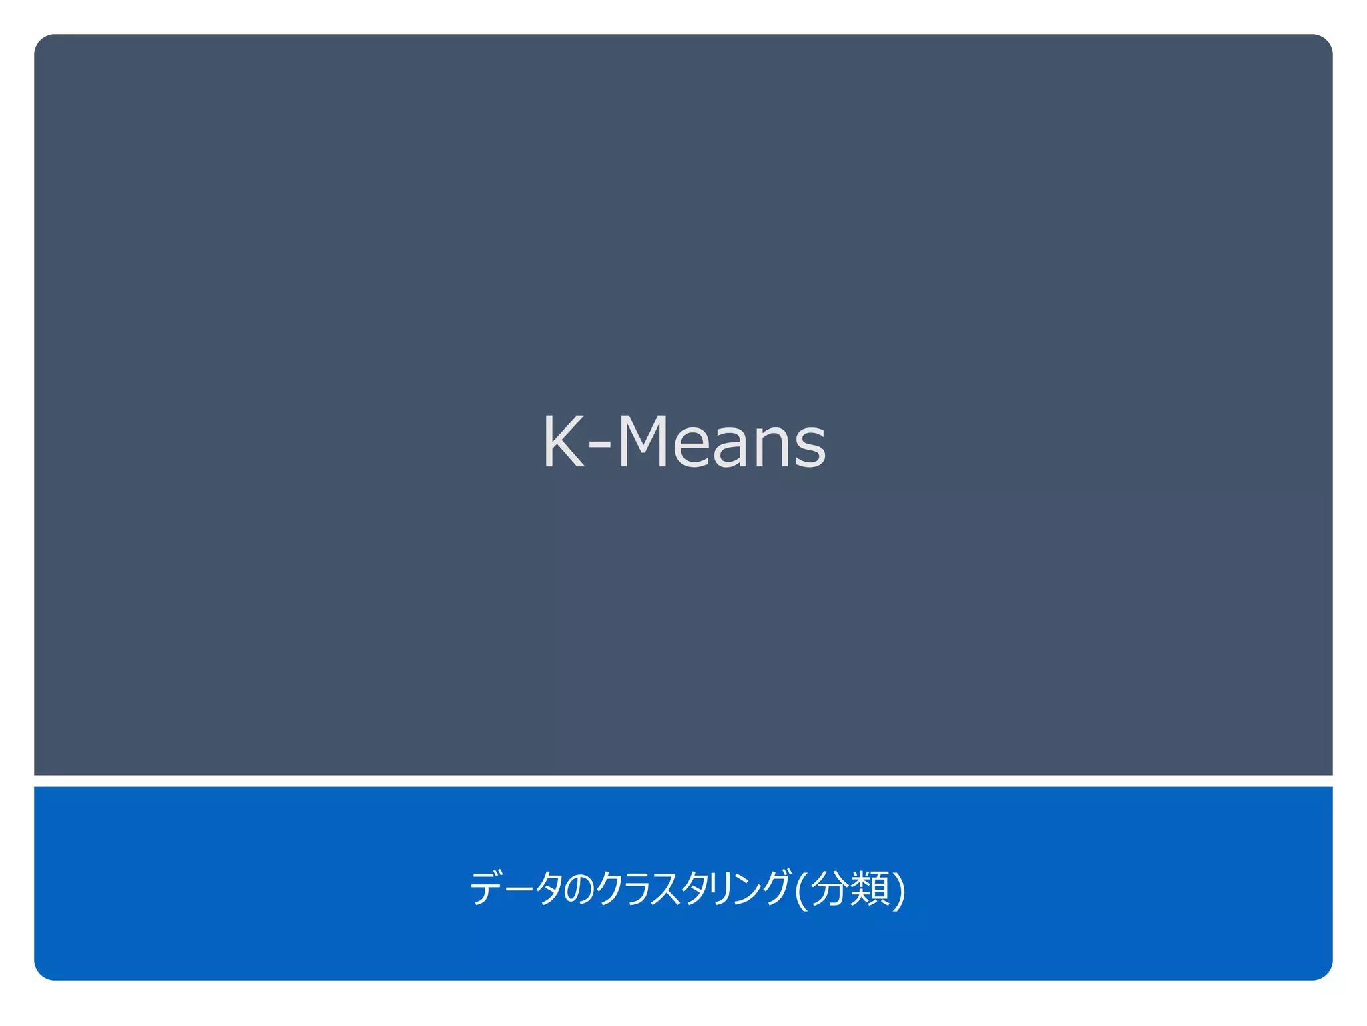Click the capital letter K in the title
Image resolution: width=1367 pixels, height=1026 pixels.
click(563, 442)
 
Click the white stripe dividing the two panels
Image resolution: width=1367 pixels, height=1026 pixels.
click(683, 781)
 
